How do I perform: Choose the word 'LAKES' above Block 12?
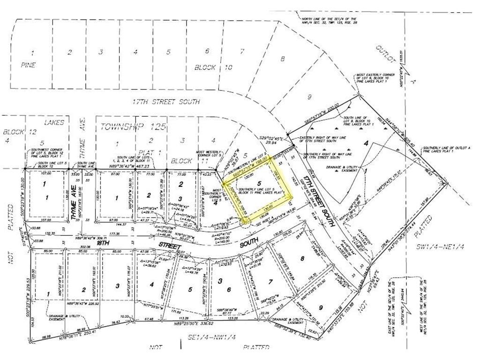point(55,122)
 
